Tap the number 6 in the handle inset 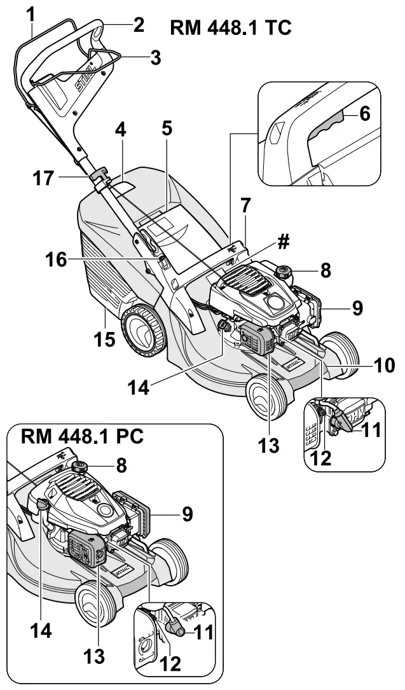coord(364,114)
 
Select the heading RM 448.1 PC coord(82,438)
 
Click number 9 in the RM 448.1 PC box coord(188,513)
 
